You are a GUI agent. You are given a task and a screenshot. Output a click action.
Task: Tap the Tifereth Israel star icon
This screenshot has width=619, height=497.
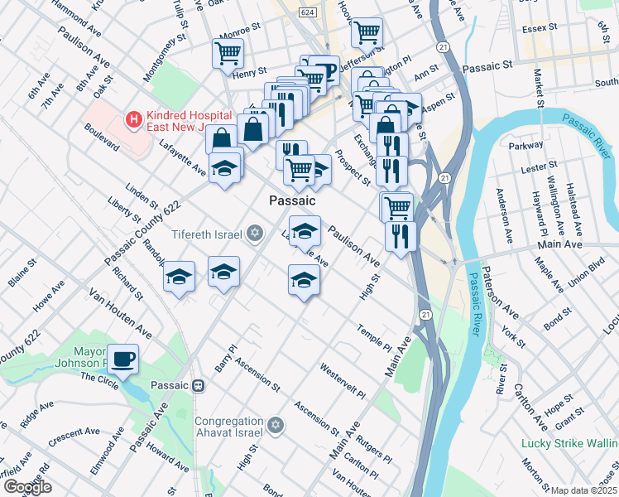tap(256, 234)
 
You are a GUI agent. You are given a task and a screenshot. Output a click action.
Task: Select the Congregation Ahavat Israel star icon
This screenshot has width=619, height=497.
tap(276, 426)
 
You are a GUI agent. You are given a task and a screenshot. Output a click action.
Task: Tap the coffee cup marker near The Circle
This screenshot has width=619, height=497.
tap(123, 359)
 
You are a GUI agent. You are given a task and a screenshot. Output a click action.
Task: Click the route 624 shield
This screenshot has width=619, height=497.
tap(308, 12)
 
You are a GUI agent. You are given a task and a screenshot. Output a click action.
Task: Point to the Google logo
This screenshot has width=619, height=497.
tap(27, 487)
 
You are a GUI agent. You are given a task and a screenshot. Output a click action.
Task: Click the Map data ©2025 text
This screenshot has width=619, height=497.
tap(584, 490)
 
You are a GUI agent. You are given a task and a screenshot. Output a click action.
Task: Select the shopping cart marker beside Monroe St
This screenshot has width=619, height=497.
tap(228, 53)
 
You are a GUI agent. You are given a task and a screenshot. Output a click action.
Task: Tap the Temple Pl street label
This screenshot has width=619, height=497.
tap(374, 337)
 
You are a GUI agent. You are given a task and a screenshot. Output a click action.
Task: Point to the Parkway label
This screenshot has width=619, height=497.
tap(526, 144)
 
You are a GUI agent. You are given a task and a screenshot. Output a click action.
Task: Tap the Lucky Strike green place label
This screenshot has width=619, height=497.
tap(569, 443)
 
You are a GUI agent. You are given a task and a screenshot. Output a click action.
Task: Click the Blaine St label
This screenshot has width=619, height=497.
tap(22, 274)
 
